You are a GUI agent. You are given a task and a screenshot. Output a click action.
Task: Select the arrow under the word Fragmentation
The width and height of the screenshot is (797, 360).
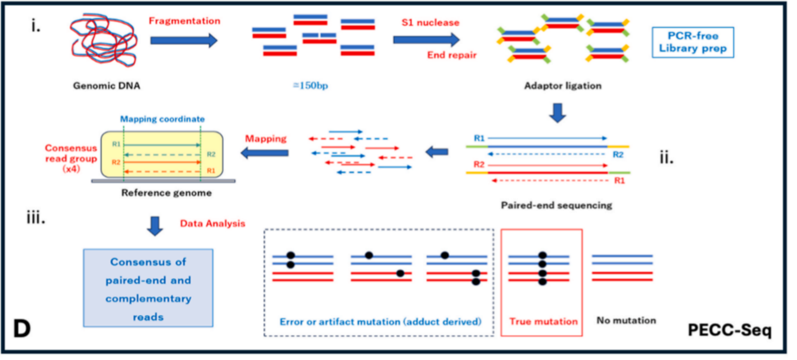(x=183, y=40)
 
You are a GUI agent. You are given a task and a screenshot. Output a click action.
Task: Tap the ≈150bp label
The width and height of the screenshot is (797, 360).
(x=311, y=85)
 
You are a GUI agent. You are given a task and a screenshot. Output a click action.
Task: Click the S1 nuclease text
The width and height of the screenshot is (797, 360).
(x=430, y=23)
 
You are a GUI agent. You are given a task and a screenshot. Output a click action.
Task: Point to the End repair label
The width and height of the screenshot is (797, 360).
(x=452, y=55)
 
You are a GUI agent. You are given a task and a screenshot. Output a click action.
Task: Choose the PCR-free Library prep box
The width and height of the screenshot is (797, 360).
(x=693, y=42)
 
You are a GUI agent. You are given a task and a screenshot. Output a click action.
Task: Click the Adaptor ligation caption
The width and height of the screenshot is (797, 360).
(x=563, y=86)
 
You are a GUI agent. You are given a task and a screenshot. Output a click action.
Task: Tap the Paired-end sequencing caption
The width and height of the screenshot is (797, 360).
(x=556, y=205)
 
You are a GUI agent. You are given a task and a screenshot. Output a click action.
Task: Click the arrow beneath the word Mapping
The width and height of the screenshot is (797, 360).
(x=265, y=153)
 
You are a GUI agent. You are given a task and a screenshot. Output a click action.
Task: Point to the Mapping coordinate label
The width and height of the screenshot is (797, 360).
(x=162, y=119)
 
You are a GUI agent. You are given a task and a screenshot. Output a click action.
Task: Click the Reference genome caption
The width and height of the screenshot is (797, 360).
(x=167, y=193)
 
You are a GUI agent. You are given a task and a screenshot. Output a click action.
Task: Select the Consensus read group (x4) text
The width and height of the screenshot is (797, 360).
(x=71, y=158)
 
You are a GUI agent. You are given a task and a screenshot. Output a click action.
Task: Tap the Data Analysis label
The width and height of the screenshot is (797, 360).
(x=212, y=223)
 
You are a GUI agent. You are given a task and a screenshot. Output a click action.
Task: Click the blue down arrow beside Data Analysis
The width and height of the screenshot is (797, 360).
(x=155, y=226)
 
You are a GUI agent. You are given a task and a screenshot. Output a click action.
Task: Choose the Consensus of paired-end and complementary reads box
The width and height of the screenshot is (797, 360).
(x=148, y=288)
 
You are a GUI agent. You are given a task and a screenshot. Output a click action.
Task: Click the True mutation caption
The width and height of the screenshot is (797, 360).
(x=544, y=321)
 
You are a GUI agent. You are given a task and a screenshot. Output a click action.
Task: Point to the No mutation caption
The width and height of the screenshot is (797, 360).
(x=626, y=320)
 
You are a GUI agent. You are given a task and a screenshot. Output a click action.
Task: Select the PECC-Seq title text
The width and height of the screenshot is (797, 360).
(x=730, y=330)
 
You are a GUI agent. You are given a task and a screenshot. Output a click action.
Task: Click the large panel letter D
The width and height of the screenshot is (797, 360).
(x=22, y=328)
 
